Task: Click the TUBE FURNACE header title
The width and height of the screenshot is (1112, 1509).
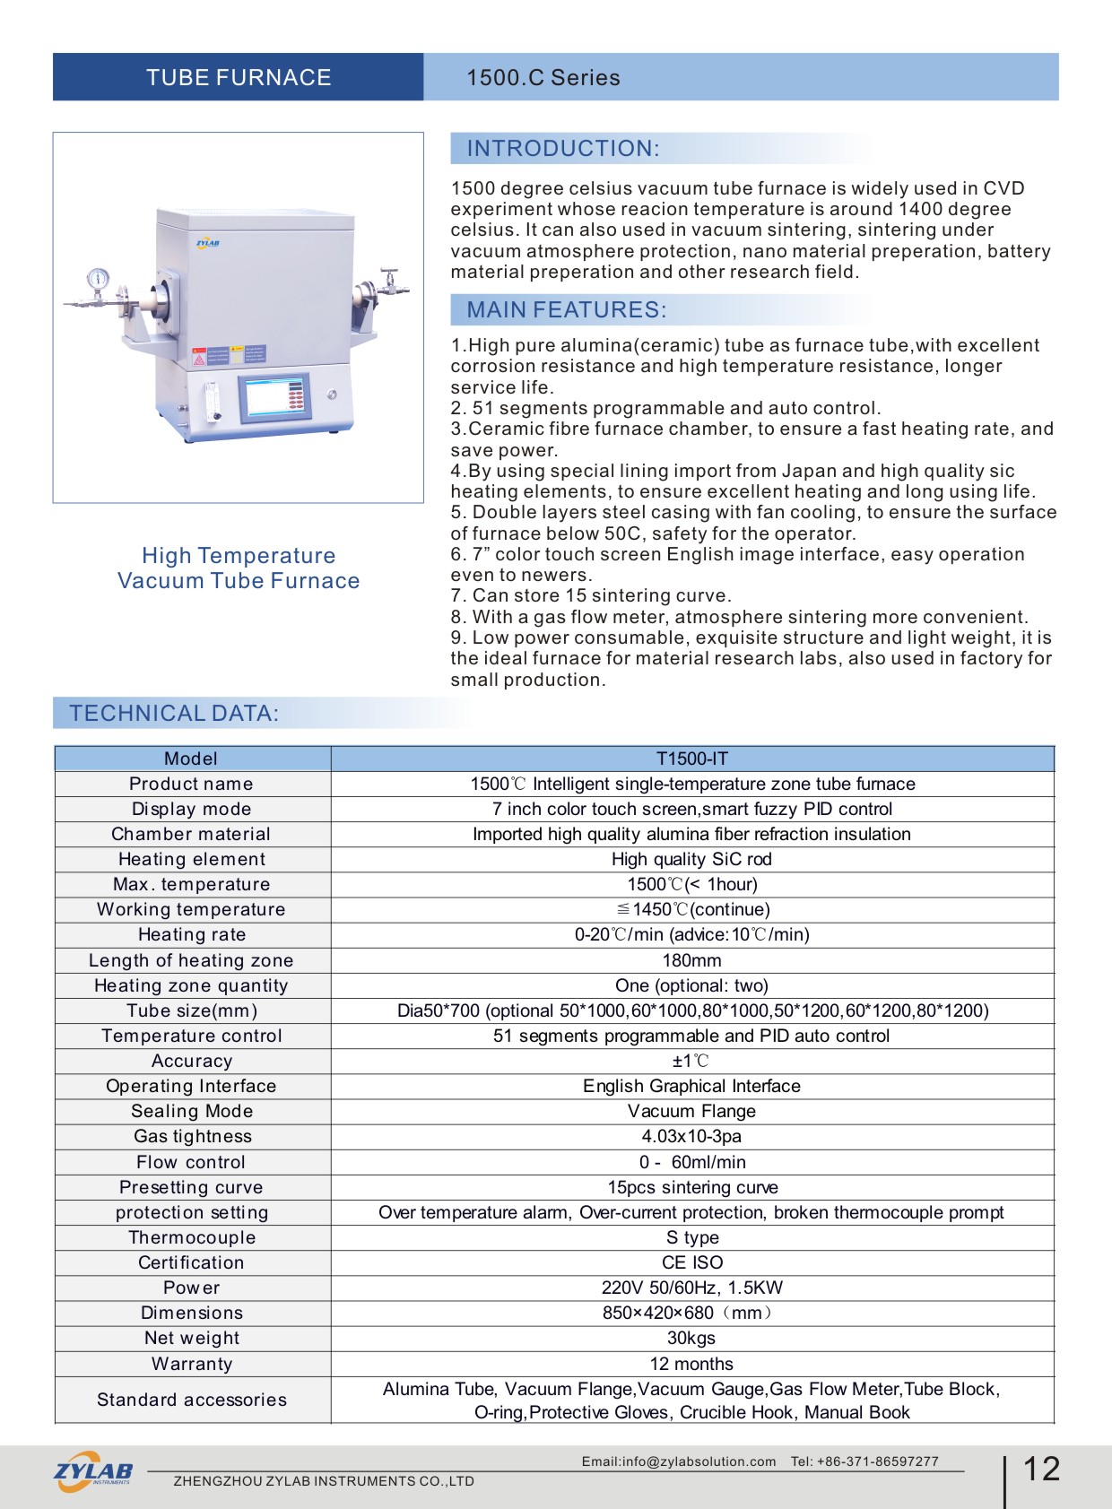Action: pos(239,78)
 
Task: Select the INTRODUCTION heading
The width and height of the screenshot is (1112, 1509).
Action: pos(562,149)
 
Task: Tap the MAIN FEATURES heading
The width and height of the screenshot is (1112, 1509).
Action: pos(566,310)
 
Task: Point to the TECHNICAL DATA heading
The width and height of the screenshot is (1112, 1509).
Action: pos(174,714)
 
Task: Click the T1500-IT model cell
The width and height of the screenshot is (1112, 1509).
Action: pos(691,759)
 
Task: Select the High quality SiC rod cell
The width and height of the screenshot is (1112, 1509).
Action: pos(691,859)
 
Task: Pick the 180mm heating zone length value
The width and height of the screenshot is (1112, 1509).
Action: pos(691,960)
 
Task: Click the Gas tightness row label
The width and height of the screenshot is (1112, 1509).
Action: pos(192,1136)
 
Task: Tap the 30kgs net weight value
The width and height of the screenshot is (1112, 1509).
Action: pos(691,1338)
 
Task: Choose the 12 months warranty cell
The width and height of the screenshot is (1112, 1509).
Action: pos(691,1364)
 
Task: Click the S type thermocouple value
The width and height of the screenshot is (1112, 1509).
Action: pos(691,1237)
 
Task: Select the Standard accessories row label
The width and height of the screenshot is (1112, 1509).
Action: pos(192,1400)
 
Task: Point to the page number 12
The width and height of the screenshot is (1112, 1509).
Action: pos(1041,1469)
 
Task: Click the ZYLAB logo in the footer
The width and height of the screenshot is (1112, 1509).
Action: pos(93,1471)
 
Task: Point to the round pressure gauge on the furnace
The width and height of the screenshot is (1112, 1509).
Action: pos(98,278)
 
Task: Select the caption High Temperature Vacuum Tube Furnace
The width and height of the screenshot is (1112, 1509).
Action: pos(239,568)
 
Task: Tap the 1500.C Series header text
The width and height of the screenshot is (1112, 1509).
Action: pos(543,78)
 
